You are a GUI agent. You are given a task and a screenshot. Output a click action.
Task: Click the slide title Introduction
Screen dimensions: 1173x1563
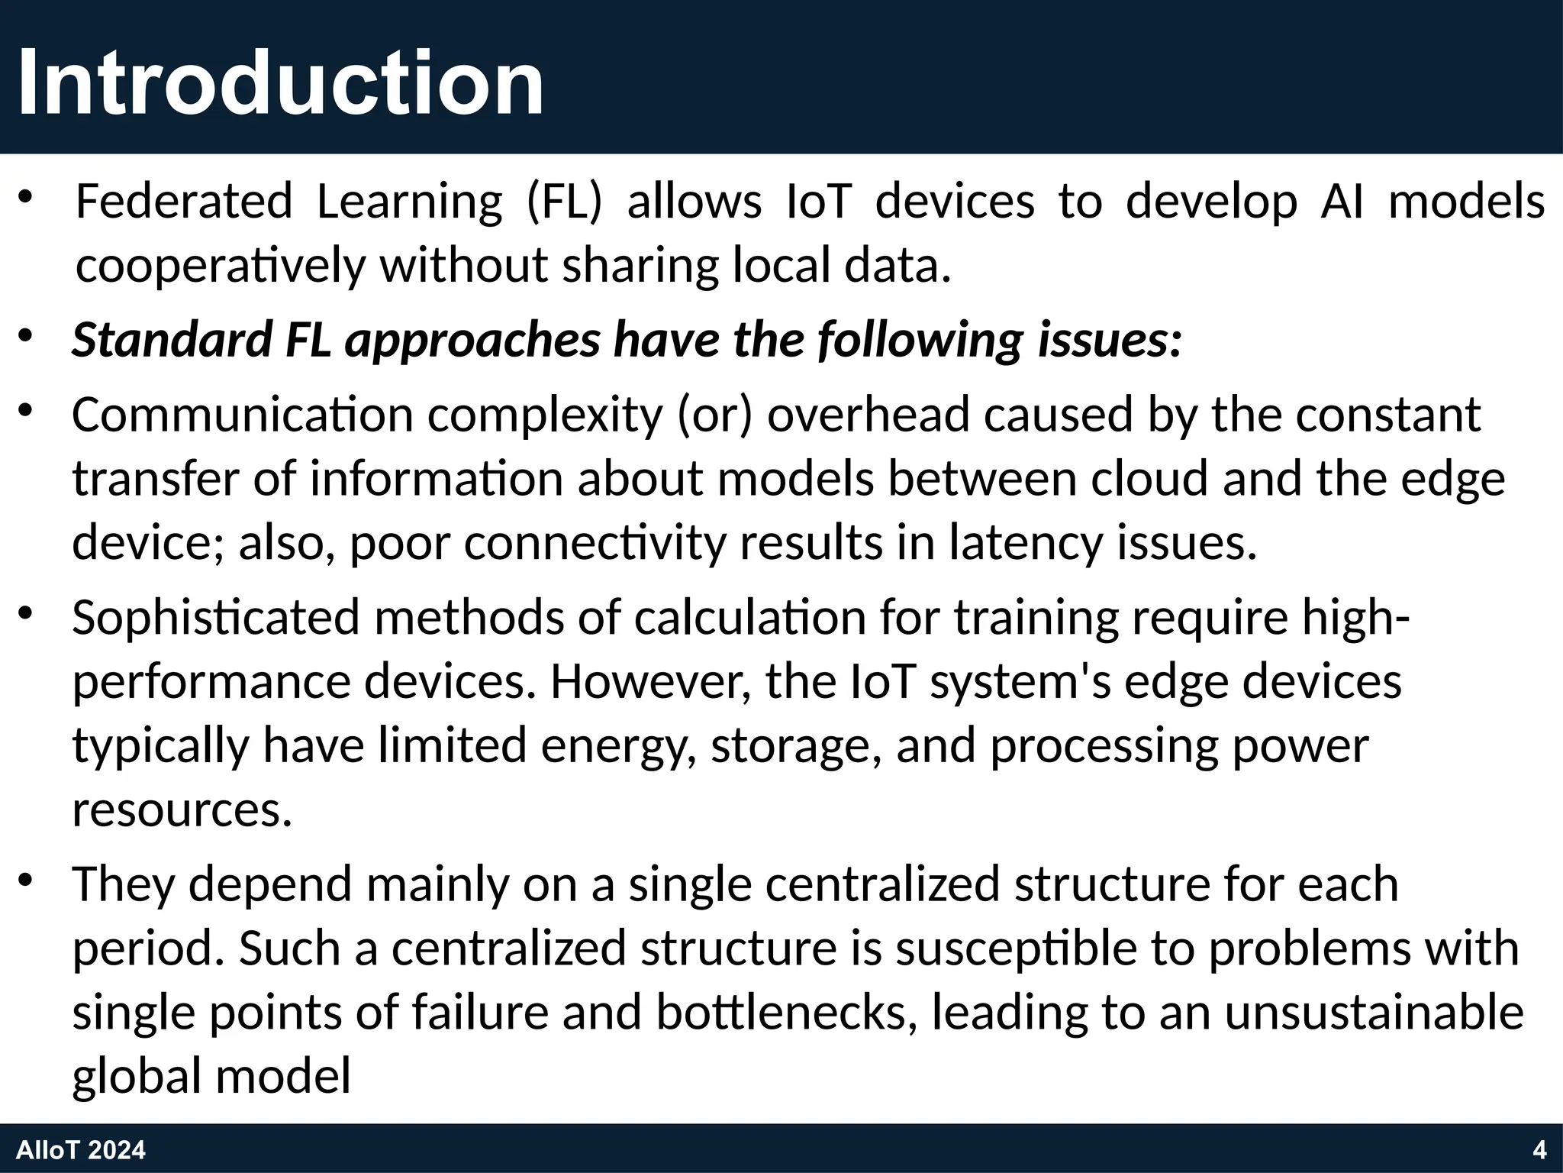pyautogui.click(x=280, y=82)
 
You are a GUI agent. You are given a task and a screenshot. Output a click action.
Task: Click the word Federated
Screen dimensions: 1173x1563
pyautogui.click(x=184, y=202)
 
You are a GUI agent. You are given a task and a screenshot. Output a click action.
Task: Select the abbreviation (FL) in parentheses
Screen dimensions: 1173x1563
pyautogui.click(x=565, y=202)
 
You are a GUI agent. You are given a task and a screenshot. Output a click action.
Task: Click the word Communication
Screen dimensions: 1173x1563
pyautogui.click(x=243, y=415)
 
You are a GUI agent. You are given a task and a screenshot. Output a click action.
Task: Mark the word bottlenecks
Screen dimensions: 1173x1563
pyautogui.click(x=785, y=1012)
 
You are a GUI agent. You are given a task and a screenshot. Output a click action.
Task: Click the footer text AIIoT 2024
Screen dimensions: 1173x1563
pyautogui.click(x=81, y=1150)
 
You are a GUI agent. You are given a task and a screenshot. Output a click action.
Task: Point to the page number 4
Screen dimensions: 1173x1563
pyautogui.click(x=1539, y=1150)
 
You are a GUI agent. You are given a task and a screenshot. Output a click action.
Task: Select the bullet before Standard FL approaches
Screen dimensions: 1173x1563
pyautogui.click(x=27, y=337)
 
